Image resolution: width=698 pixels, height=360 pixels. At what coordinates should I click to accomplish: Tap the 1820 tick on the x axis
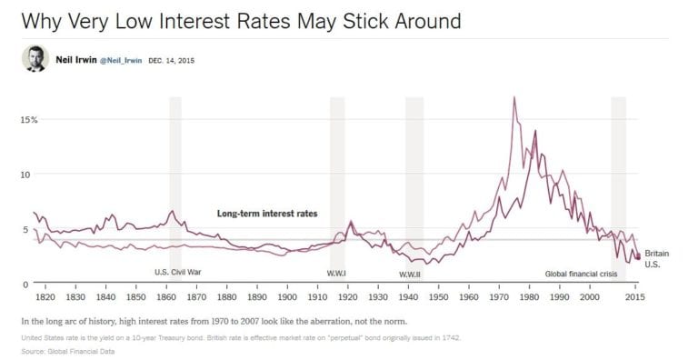(x=45, y=297)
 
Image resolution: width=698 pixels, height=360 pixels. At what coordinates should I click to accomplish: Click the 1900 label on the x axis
(x=287, y=297)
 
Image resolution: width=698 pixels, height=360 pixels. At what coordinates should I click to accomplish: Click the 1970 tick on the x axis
(x=499, y=297)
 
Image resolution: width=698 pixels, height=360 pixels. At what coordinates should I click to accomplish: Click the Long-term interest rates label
(x=267, y=214)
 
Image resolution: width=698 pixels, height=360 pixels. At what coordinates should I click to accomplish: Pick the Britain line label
(x=658, y=254)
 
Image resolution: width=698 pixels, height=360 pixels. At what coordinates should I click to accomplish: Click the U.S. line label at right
(x=653, y=265)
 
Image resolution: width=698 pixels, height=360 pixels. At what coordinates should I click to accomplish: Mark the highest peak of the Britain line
(x=514, y=97)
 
